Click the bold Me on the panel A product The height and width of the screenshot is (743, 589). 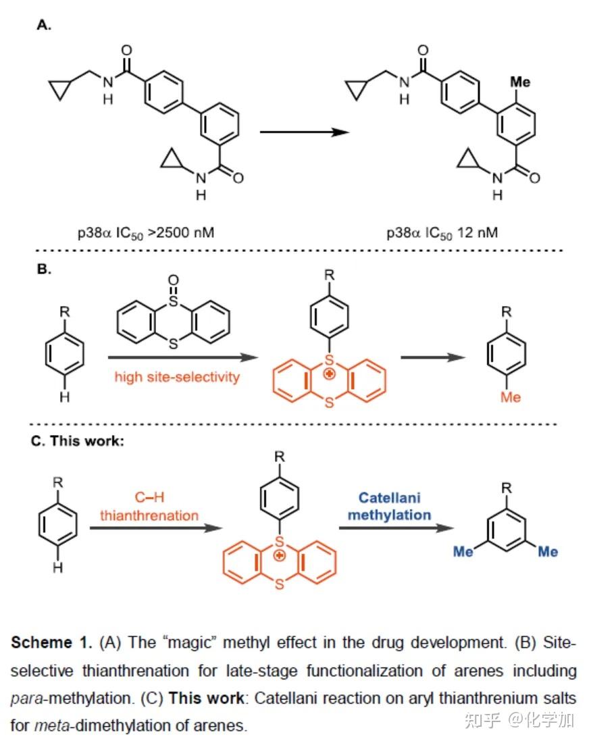pyautogui.click(x=519, y=82)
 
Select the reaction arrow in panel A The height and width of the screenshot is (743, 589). pyautogui.click(x=304, y=131)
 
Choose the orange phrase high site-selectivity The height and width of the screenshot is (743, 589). pyautogui.click(x=177, y=377)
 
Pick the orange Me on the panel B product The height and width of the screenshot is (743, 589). pyautogui.click(x=511, y=397)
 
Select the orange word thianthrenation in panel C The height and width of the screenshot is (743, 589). pyautogui.click(x=149, y=515)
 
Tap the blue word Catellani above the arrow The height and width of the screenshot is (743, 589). pyautogui.click(x=389, y=498)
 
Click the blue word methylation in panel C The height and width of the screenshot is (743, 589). pyautogui.click(x=394, y=515)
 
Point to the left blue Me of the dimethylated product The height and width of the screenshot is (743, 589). pyautogui.click(x=463, y=552)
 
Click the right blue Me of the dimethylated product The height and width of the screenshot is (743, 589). pyautogui.click(x=548, y=552)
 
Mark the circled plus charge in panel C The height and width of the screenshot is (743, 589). pyautogui.click(x=280, y=555)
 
